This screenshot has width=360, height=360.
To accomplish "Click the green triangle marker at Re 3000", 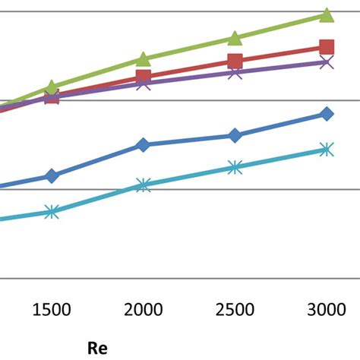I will [x=326, y=15].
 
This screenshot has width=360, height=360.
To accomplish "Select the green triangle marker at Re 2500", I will [x=235, y=38].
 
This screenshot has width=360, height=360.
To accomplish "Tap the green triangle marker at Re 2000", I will [x=143, y=59].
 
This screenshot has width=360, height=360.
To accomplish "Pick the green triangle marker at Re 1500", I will [x=52, y=87].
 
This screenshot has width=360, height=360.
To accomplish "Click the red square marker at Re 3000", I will [x=326, y=47].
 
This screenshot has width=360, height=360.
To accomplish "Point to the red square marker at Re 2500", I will [x=235, y=62].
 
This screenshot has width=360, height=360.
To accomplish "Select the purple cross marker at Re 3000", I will [x=326, y=62].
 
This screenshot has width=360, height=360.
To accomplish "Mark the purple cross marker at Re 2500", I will [x=235, y=73].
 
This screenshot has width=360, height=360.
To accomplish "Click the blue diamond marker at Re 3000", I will [x=326, y=114].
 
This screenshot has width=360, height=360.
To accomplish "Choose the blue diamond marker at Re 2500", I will [x=235, y=136].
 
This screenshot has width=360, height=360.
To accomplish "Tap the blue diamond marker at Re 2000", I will [x=143, y=144].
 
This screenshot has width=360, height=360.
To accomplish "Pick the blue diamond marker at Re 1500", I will [x=52, y=175].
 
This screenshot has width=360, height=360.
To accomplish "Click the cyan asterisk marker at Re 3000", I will [x=326, y=150].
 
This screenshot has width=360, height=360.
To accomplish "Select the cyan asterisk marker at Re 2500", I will [x=235, y=167].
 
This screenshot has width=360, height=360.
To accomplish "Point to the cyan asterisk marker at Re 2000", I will [x=143, y=184].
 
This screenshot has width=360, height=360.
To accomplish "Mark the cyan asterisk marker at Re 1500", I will [x=52, y=212].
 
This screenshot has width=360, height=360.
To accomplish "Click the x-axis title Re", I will [x=97, y=349].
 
